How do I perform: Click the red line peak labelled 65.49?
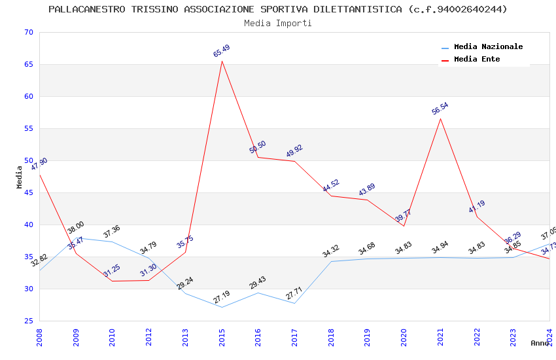pyautogui.click(x=222, y=62)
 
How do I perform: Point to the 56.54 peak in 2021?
pyautogui.click(x=440, y=118)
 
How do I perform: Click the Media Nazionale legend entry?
pyautogui.click(x=488, y=47)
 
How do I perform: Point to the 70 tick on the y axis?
pyautogui.click(x=27, y=33)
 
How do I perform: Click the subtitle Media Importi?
pyautogui.click(x=277, y=23)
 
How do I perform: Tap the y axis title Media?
pyautogui.click(x=20, y=177)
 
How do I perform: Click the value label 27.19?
pyautogui.click(x=222, y=297)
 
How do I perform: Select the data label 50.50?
pyautogui.click(x=258, y=147)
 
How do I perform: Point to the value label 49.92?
pyautogui.click(x=294, y=151)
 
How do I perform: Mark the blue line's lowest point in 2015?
pyautogui.click(x=222, y=307)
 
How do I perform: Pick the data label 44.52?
pyautogui.click(x=331, y=186)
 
